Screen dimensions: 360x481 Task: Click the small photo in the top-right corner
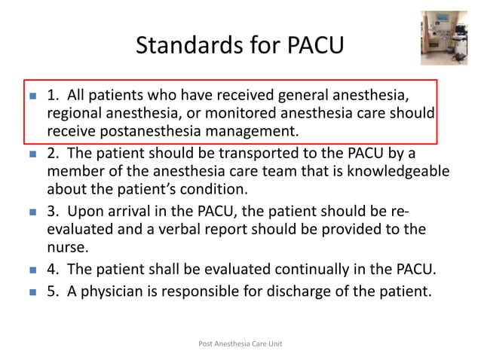click(x=444, y=38)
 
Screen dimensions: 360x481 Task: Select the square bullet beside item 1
click(x=32, y=97)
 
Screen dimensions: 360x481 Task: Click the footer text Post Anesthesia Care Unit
click(x=240, y=343)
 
